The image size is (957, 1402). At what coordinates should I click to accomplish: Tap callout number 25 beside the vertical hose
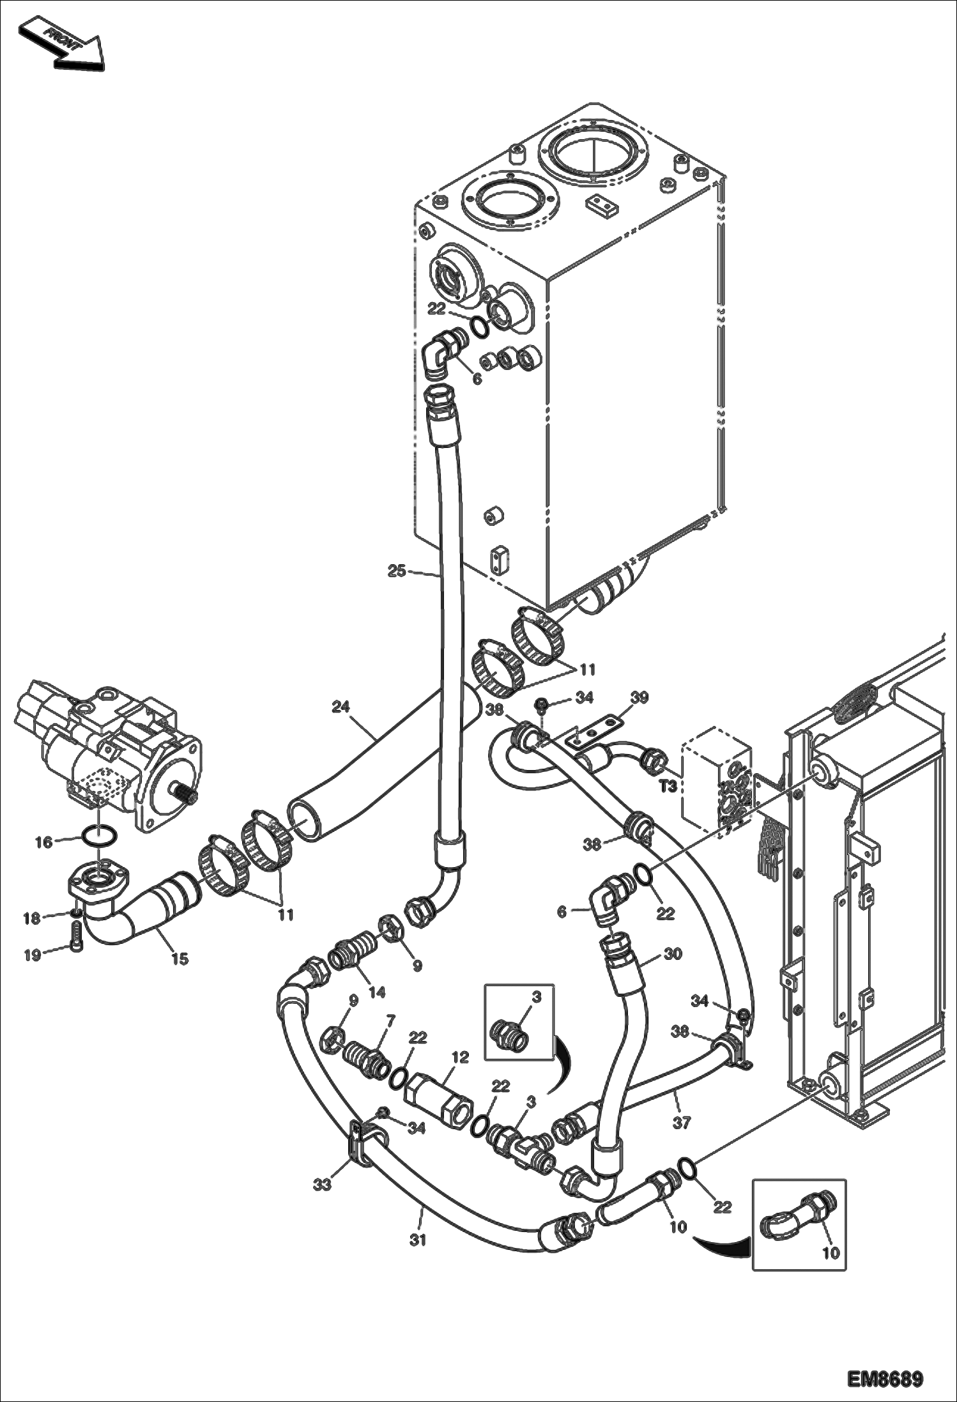click(x=397, y=571)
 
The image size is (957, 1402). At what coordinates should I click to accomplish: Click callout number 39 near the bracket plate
click(x=639, y=697)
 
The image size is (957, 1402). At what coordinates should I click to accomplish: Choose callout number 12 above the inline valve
click(x=460, y=1057)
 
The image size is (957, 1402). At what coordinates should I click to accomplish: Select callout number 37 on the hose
click(x=682, y=1123)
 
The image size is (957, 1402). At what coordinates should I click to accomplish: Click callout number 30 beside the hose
click(x=673, y=954)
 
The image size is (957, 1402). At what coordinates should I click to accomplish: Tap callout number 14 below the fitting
click(x=377, y=992)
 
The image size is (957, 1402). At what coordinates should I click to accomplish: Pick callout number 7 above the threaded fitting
click(x=390, y=1017)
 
